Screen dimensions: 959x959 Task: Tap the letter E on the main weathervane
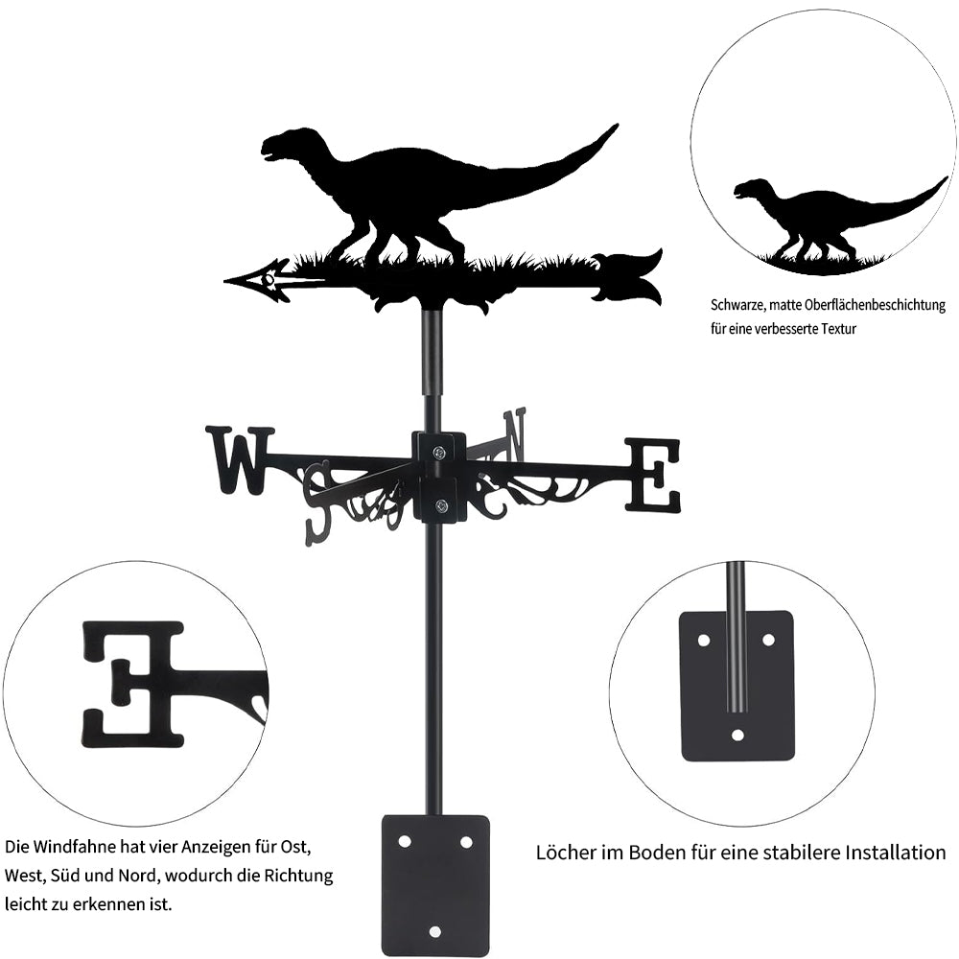tap(651, 476)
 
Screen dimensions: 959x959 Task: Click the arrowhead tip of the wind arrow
tap(224, 281)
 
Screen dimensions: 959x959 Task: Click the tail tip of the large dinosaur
tap(616, 126)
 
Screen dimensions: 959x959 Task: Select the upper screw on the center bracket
tap(439, 453)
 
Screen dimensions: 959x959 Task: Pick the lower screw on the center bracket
tap(440, 505)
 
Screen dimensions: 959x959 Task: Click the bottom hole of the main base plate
tap(434, 931)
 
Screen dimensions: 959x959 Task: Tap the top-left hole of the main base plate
tap(404, 842)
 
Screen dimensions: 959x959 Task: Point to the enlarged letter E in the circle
tap(132, 684)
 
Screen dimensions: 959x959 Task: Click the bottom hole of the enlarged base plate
tap(737, 735)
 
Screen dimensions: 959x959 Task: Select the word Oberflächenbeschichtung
tap(875, 305)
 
